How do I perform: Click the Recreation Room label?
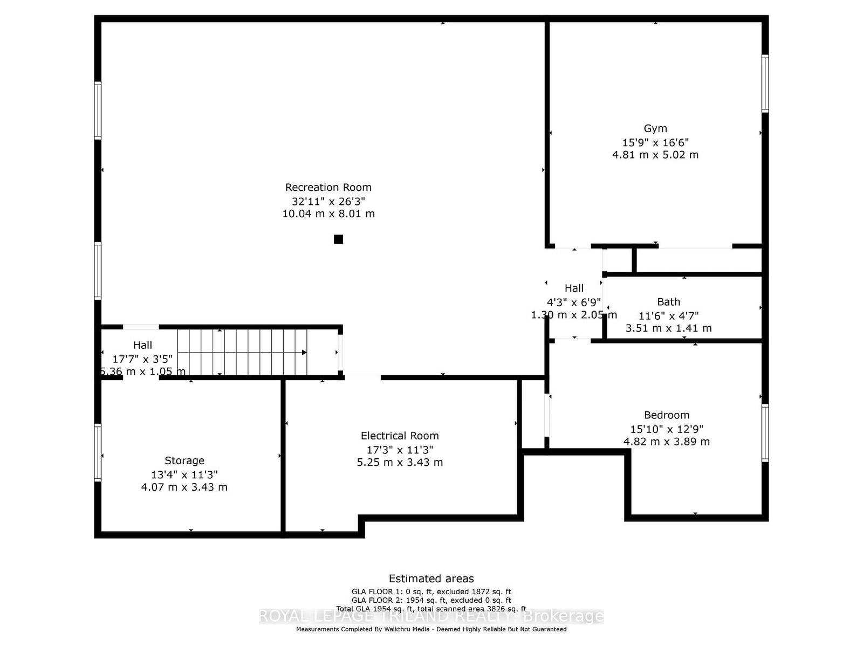(328, 188)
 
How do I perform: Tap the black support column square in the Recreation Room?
(338, 239)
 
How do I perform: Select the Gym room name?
(655, 128)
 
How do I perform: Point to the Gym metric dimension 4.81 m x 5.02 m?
(655, 155)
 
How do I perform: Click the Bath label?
(668, 302)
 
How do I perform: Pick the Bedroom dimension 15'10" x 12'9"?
(667, 429)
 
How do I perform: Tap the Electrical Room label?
(400, 436)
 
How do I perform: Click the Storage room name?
(184, 460)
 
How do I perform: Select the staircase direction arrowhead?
(304, 353)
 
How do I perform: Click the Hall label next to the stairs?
(143, 345)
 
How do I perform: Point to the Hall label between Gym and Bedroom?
(574, 288)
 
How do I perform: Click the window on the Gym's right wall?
(765, 84)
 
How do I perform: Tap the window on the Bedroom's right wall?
(765, 433)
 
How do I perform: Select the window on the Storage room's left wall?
(98, 452)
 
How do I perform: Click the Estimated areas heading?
(431, 579)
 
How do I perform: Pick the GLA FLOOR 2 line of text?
(431, 600)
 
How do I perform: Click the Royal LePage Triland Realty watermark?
(431, 616)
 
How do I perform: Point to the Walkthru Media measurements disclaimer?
(431, 629)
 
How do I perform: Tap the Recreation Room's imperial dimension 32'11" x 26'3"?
(328, 201)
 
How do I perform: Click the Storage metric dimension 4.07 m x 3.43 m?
(184, 487)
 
